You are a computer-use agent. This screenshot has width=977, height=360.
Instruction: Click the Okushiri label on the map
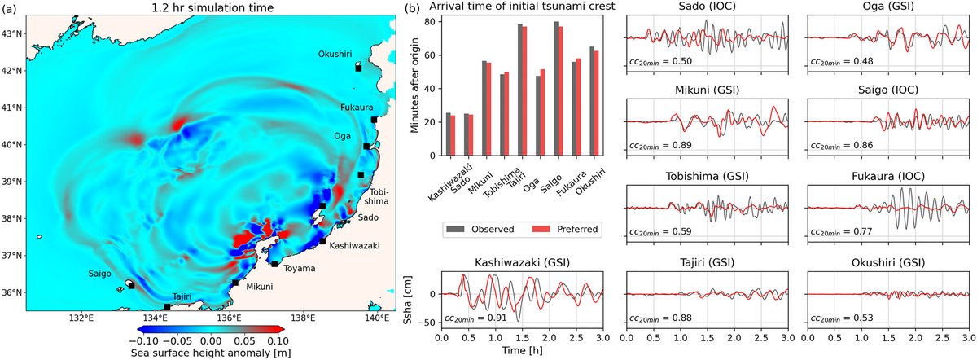click(335, 54)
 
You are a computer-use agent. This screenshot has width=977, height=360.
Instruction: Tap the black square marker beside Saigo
click(132, 286)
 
